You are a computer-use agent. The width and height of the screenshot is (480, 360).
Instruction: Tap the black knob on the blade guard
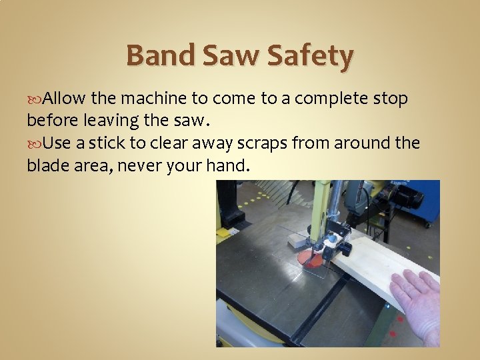(x=346, y=249)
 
